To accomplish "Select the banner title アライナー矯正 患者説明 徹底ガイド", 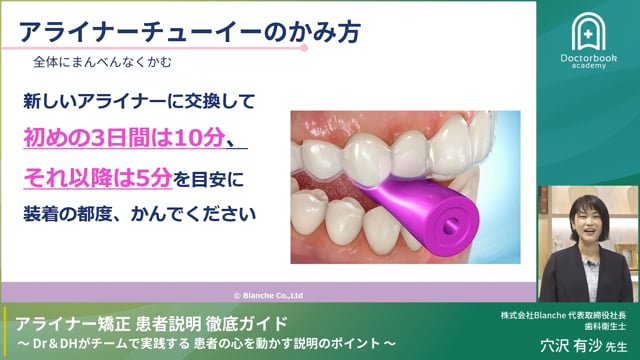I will click(152, 323).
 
